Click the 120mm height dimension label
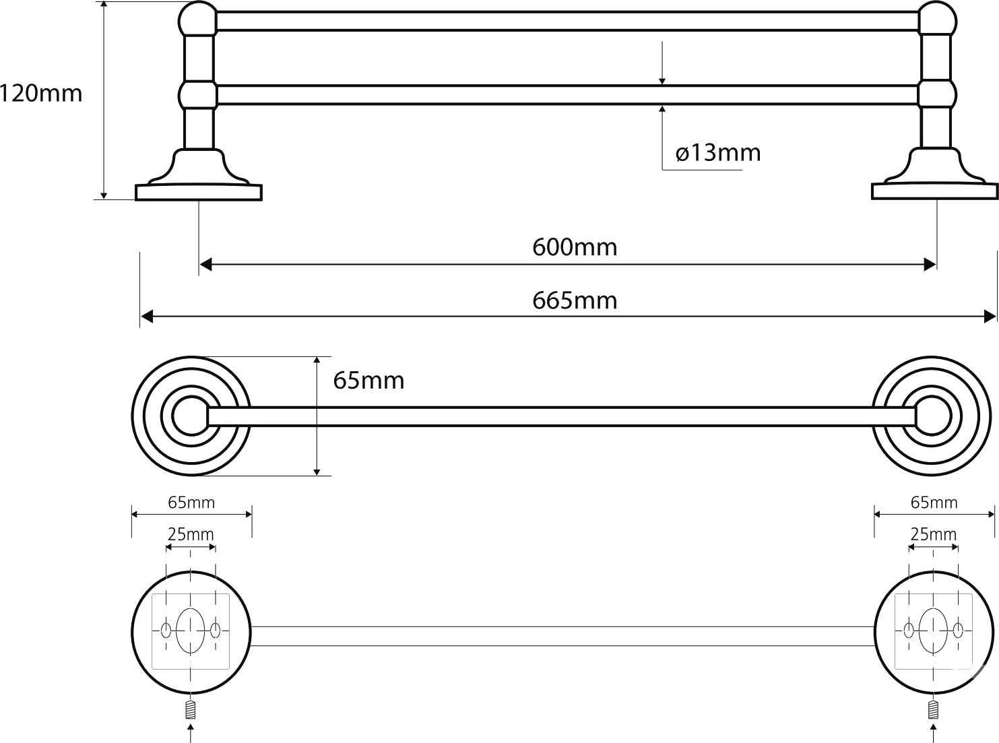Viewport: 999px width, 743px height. tap(40, 93)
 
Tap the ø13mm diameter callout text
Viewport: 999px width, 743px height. tap(718, 153)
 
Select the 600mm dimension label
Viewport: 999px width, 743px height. tap(575, 247)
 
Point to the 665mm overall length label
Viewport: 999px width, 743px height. tap(575, 300)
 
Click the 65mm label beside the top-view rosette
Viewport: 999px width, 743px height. tap(369, 381)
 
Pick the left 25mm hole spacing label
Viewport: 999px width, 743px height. tap(191, 535)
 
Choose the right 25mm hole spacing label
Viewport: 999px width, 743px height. tap(934, 535)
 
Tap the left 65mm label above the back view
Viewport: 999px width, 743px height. tap(191, 503)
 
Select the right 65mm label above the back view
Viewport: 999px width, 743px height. tap(934, 503)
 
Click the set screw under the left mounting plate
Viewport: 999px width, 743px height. tap(191, 710)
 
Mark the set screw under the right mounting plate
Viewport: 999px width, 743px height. tap(933, 710)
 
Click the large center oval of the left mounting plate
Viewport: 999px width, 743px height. tap(191, 631)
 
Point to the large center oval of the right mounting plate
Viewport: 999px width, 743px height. tap(934, 631)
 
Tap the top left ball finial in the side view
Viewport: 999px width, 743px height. tap(197, 20)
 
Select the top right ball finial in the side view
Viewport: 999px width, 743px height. tap(936, 20)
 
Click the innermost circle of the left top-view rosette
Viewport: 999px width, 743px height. tap(188, 416)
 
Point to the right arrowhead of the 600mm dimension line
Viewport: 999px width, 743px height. tap(932, 264)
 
